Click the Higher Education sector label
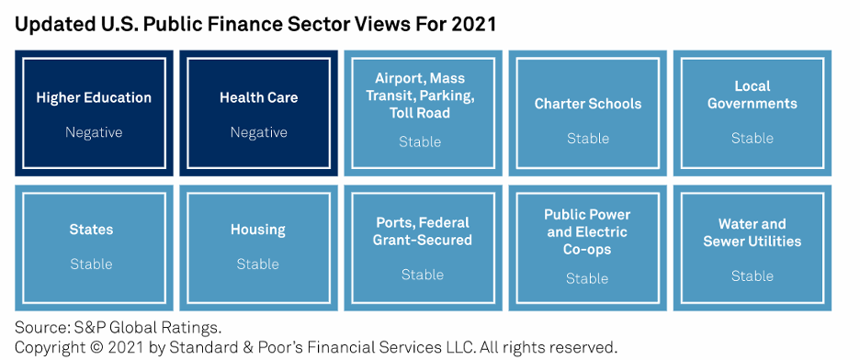pos(94,98)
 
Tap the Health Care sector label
pos(259,98)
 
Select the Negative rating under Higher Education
pos(94,132)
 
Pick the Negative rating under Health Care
pos(259,132)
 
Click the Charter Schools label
pos(588,104)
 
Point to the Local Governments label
pos(752,95)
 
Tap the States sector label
pos(91,229)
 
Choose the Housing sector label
pos(258,230)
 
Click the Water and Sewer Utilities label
pos(752,232)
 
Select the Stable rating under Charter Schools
pos(588,138)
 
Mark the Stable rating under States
pos(91,264)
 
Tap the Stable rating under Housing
pos(258,264)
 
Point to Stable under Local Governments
pos(752,138)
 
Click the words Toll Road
pos(420,113)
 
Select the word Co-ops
pos(587,250)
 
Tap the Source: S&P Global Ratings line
pos(119,328)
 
